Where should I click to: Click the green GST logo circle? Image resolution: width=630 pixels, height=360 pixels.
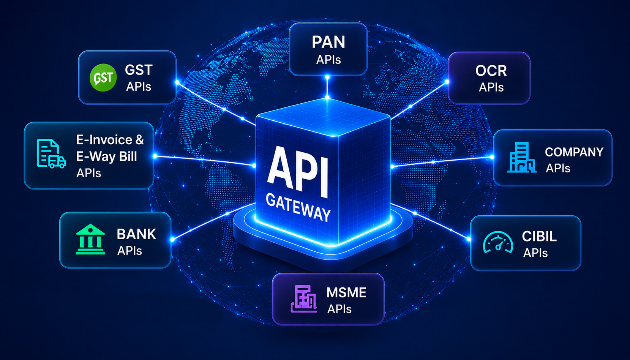[x=103, y=77]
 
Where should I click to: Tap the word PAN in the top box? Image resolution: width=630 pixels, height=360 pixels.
[x=328, y=42]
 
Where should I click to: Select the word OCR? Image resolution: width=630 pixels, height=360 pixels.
[x=491, y=71]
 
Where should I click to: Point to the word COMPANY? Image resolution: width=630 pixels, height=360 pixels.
[x=574, y=152]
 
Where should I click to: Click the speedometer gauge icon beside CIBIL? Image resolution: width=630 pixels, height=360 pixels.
[x=498, y=242]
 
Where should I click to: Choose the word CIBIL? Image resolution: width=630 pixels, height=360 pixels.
[x=539, y=236]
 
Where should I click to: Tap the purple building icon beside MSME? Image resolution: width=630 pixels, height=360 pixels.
[x=304, y=299]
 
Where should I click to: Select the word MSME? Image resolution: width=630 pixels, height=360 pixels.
[x=346, y=293]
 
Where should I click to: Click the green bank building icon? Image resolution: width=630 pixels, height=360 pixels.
[x=90, y=239]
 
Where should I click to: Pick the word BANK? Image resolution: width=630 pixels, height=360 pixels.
[x=136, y=234]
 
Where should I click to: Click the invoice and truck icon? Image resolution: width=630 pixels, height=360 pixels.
[x=51, y=153]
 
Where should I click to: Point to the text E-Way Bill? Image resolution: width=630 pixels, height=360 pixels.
[x=106, y=157]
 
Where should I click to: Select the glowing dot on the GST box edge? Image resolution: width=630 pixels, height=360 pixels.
[x=177, y=82]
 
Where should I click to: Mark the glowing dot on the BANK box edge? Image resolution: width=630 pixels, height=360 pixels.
[x=172, y=240]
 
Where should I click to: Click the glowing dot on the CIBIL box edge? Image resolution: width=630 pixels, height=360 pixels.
[x=469, y=239]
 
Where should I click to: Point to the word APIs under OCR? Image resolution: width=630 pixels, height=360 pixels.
[x=491, y=87]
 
